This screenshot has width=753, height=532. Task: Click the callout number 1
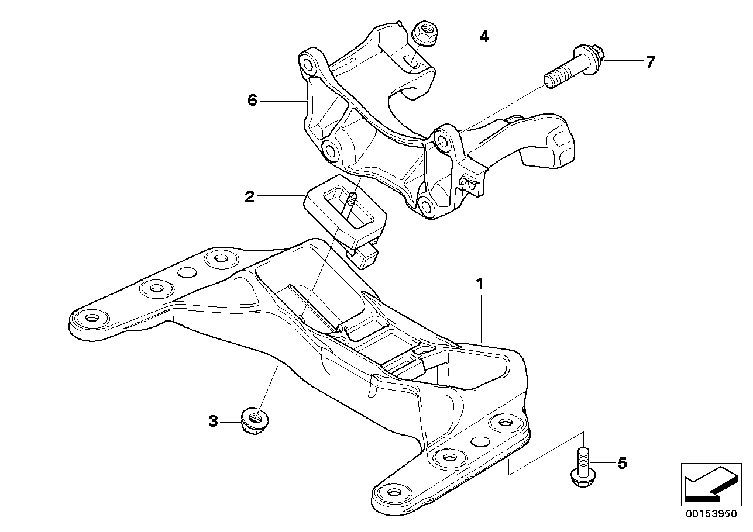tap(480, 285)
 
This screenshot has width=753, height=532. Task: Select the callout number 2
tap(250, 197)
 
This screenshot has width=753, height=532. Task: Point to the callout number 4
tap(483, 37)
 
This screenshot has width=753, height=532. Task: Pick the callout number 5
tap(622, 464)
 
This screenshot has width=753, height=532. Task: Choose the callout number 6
tap(252, 101)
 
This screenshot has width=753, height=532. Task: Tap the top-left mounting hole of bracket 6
tap(308, 62)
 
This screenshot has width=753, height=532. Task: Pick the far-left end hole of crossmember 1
tap(91, 317)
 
